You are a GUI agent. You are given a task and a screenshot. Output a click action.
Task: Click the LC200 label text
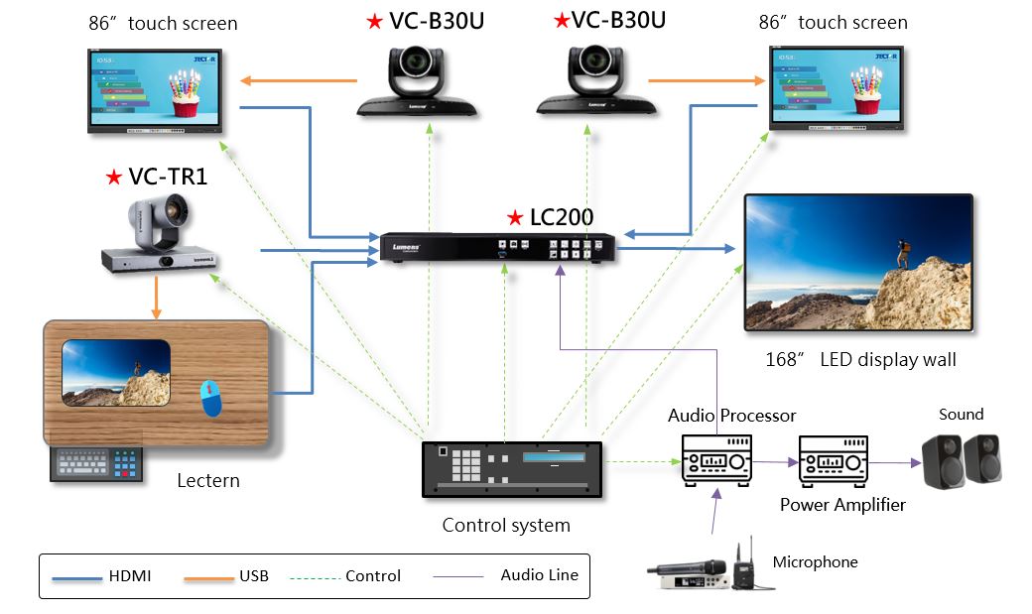(x=563, y=217)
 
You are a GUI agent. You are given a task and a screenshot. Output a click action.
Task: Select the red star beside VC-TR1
(x=113, y=178)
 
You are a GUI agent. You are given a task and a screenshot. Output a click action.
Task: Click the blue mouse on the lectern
(x=211, y=398)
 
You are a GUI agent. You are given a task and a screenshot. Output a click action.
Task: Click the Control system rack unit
(x=513, y=469)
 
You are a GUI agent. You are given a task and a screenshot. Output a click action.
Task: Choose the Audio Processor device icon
(x=715, y=460)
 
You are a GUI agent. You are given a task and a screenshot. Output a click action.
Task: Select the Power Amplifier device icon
(x=835, y=460)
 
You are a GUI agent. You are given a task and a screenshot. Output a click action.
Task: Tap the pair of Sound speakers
(x=961, y=460)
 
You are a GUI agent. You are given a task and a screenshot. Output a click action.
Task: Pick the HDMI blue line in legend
(x=80, y=575)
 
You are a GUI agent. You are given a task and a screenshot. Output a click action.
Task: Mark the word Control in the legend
(x=373, y=576)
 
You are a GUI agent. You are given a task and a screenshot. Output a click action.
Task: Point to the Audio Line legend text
(x=539, y=574)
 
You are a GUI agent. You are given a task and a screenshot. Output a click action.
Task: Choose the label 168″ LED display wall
(x=860, y=359)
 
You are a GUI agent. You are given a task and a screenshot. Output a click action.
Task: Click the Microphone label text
(x=815, y=562)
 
